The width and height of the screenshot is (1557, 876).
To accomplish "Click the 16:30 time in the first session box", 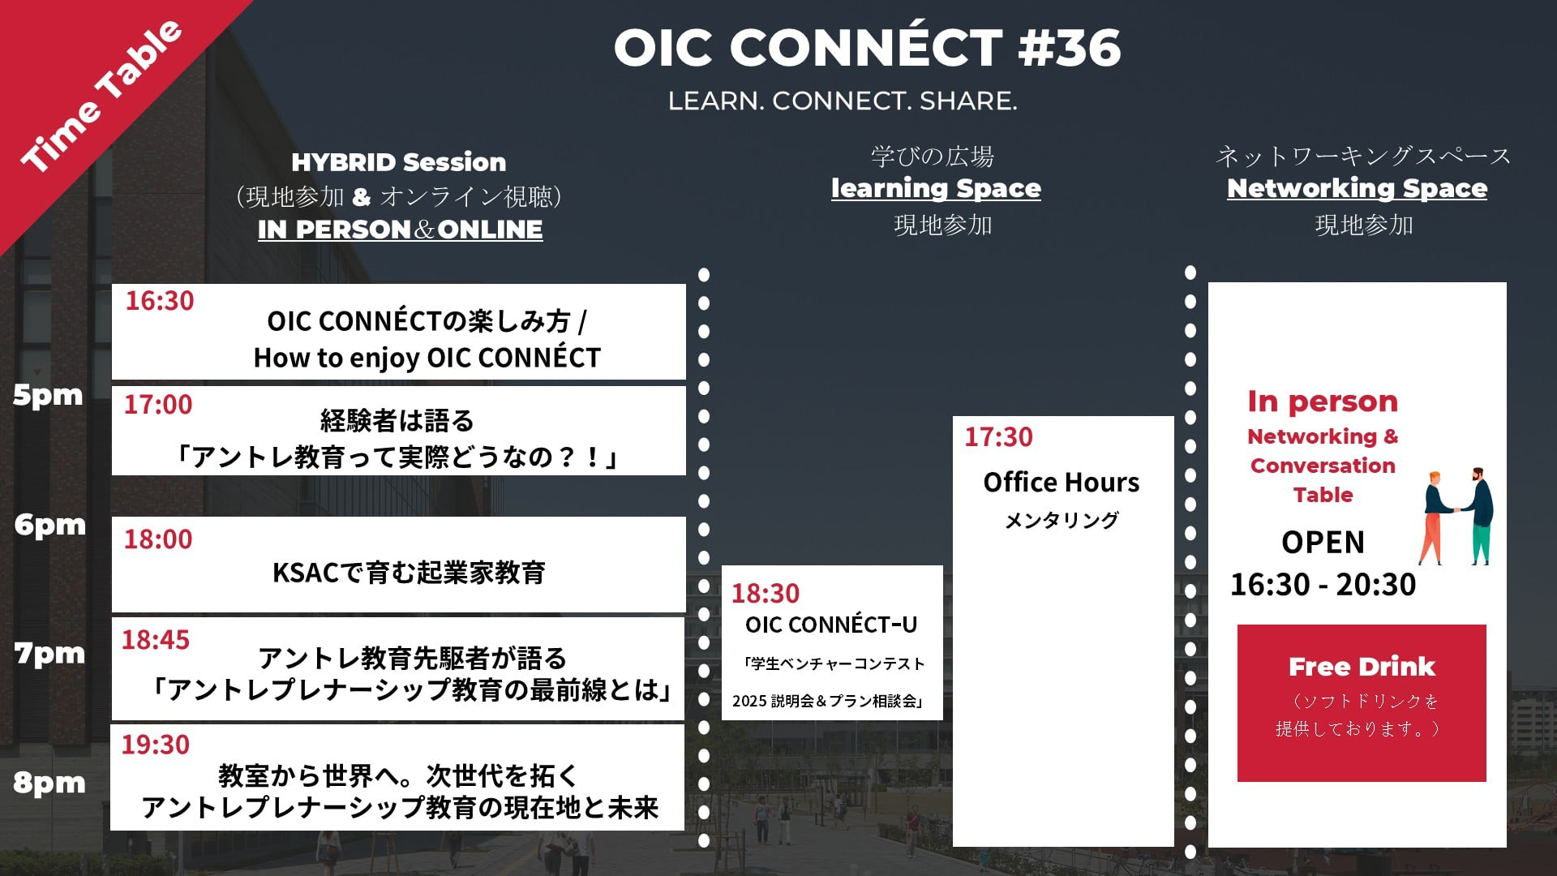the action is tap(160, 301).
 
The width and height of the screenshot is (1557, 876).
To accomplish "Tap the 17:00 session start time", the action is tap(158, 404).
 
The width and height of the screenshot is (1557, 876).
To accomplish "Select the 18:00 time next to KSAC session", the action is tap(158, 539).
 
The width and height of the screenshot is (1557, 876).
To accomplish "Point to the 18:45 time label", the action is tap(156, 639).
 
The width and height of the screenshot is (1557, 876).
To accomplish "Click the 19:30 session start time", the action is tap(156, 744).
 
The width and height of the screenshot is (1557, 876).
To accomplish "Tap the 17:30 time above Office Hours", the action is tap(998, 437).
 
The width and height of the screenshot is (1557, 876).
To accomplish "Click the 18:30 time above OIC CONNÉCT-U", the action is tap(766, 593).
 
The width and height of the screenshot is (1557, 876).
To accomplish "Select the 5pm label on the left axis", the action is tap(48, 395).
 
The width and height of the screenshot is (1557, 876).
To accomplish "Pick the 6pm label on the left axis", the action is tap(49, 524).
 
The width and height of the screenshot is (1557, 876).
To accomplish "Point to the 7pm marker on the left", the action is tap(49, 653).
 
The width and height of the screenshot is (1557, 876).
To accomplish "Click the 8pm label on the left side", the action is tap(49, 783).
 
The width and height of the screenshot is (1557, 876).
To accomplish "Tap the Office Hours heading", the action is tap(1062, 483).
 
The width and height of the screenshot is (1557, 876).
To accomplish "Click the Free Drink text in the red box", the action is tap(1362, 667).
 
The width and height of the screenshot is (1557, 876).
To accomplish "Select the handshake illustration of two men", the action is tap(1457, 516).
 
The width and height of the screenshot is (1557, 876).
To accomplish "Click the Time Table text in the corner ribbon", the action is tap(101, 97).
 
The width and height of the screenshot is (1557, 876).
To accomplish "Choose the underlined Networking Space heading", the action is tap(1357, 188).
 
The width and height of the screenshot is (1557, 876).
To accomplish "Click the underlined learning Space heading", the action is tap(936, 188).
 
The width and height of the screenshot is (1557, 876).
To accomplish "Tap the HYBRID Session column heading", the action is tap(399, 162).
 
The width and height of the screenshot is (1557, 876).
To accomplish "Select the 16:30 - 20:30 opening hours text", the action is tap(1323, 584).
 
